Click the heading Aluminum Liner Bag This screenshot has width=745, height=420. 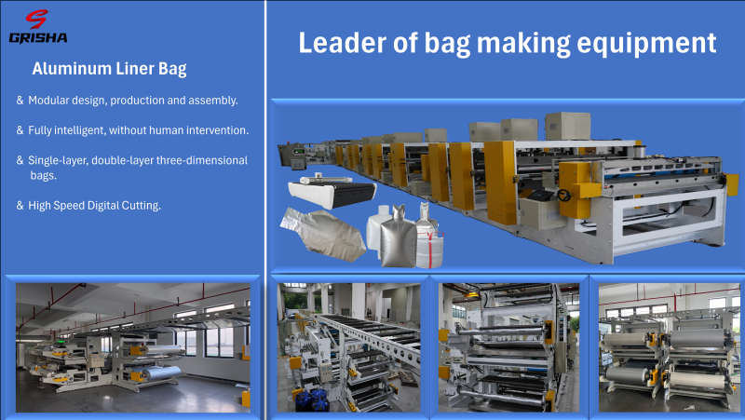click(x=109, y=69)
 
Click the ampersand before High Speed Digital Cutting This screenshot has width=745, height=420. click(x=20, y=205)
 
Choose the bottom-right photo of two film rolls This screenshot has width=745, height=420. click(x=669, y=346)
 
